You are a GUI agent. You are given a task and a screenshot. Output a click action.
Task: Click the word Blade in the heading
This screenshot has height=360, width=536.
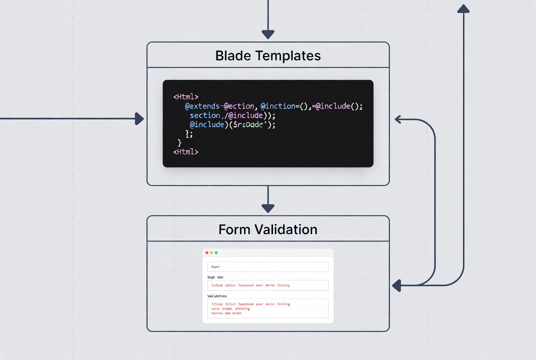click(x=234, y=56)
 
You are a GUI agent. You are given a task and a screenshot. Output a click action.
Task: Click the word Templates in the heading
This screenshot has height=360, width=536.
click(x=288, y=56)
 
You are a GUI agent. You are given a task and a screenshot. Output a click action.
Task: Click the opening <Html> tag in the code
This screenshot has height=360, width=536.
click(x=185, y=97)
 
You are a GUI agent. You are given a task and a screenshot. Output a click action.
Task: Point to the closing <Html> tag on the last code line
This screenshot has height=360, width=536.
click(x=185, y=152)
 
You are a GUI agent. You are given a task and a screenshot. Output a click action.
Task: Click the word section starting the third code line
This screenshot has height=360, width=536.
click(x=205, y=115)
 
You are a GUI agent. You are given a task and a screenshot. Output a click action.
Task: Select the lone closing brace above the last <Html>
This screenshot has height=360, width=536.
click(x=179, y=143)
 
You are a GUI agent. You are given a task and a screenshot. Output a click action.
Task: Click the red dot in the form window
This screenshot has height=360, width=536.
click(x=207, y=253)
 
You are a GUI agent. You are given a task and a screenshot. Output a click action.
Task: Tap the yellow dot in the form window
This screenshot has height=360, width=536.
click(x=212, y=253)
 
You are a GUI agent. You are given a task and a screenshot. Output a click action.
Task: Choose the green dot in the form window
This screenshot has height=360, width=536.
click(x=216, y=253)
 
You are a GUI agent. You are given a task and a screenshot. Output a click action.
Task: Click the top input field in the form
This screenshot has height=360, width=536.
click(x=268, y=267)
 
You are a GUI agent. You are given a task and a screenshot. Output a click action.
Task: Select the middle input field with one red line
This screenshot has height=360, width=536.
click(x=268, y=285)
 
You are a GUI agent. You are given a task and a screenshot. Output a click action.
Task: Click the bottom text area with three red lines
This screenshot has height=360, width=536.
click(x=268, y=308)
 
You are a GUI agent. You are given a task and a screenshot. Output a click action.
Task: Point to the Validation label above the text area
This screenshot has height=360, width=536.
click(x=217, y=296)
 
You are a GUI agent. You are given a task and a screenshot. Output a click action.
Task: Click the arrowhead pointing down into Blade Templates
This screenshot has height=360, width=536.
click(x=268, y=34)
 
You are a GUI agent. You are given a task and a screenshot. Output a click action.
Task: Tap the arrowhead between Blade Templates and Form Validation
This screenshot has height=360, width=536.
click(x=268, y=208)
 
